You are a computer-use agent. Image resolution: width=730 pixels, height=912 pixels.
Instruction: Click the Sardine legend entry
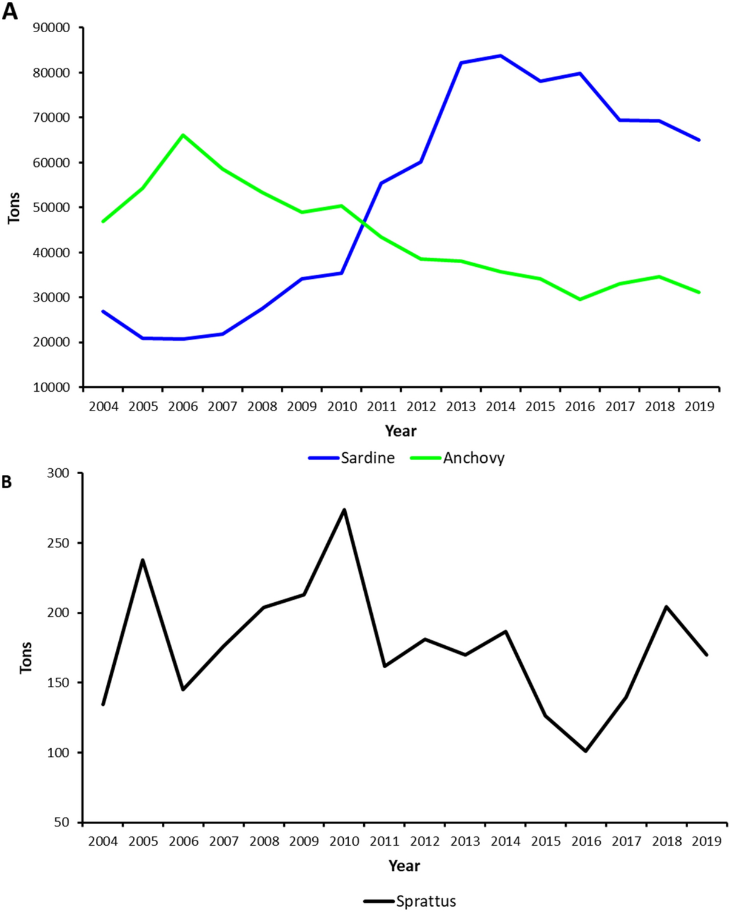pos(352,458)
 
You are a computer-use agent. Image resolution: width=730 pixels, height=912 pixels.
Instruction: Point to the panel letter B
pos(7,482)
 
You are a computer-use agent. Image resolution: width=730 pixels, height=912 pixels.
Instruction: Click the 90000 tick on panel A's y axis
pos(52,28)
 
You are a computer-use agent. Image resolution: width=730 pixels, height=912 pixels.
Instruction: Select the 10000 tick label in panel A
pos(52,387)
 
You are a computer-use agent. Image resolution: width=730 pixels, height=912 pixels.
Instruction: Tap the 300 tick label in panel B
pos(58,473)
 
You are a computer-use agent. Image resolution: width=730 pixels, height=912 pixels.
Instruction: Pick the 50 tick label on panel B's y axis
pos(62,823)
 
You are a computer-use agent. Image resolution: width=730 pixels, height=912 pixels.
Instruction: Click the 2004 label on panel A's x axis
pos(104,406)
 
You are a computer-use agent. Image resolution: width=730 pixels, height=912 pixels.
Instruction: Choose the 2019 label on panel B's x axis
pos(706,841)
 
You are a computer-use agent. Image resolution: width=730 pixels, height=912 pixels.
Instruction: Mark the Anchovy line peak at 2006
pos(183,135)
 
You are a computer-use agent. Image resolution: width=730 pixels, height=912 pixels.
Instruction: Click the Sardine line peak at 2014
pos(500,56)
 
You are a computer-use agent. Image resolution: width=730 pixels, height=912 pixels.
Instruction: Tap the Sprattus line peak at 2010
pos(344,509)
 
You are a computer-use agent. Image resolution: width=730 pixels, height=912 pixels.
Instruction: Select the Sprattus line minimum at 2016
pos(586,751)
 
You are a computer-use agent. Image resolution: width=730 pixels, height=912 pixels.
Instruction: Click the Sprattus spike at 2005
pos(142,560)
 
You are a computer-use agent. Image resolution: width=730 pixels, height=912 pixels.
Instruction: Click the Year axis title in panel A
pos(400,431)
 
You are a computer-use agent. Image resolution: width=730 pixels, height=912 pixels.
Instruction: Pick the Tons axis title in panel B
pos(25,657)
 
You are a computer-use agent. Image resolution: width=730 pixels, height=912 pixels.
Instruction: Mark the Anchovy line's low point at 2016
pos(580,299)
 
